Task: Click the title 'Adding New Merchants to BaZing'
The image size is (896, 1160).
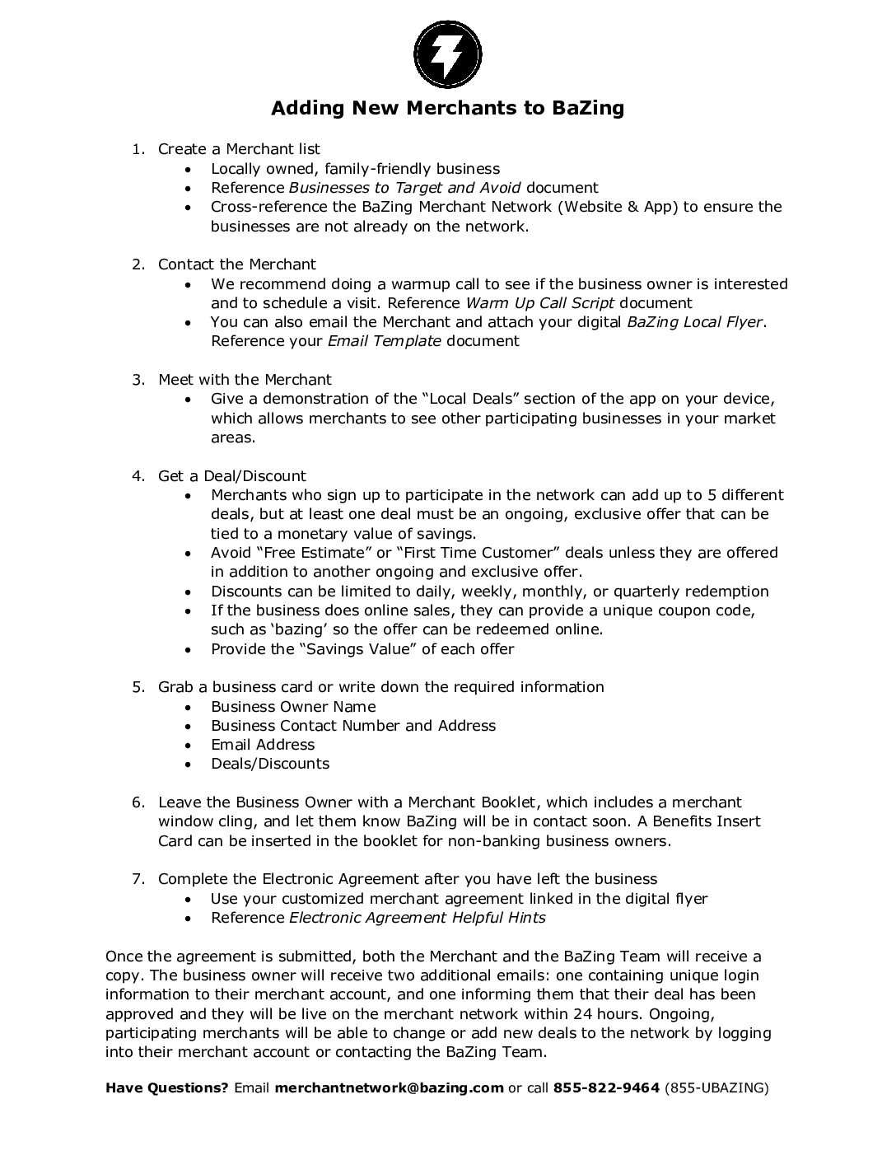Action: (447, 108)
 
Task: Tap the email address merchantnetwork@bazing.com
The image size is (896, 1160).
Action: (389, 1087)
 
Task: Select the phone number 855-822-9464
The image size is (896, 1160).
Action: (606, 1087)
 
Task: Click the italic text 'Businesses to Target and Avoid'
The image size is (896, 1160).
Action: (404, 188)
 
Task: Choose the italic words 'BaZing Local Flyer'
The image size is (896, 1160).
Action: (694, 321)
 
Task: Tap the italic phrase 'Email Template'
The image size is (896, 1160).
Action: (385, 340)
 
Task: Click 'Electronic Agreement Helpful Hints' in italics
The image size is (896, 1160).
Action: (418, 917)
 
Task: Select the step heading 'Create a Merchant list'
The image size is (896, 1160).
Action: (239, 149)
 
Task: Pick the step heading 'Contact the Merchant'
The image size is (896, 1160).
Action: (236, 264)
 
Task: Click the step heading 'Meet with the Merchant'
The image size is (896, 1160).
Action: (245, 379)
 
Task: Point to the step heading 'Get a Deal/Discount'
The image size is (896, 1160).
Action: (231, 475)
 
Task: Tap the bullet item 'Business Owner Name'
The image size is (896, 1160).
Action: (293, 706)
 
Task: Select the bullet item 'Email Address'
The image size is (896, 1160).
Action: (263, 744)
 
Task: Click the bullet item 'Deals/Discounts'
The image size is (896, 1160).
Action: (270, 763)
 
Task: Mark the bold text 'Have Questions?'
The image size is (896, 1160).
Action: (167, 1087)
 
